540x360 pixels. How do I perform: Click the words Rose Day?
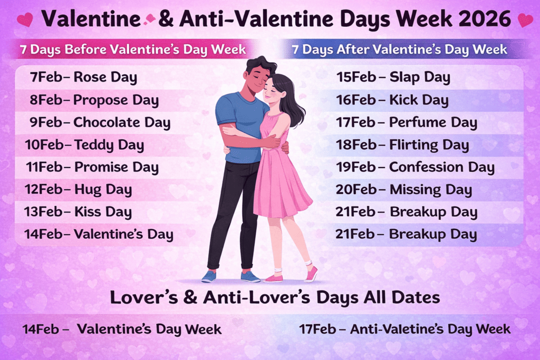click(105, 77)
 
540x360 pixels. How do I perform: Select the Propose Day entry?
click(115, 100)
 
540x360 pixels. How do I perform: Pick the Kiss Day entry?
click(103, 212)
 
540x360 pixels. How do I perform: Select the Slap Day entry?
click(419, 77)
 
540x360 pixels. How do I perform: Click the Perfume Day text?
click(433, 123)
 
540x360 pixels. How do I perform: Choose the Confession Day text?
click(441, 168)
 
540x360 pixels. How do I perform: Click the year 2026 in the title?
click(486, 20)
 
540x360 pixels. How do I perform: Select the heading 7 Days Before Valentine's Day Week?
click(133, 50)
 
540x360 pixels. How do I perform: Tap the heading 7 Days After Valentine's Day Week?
click(399, 50)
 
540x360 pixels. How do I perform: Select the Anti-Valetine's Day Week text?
click(430, 329)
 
